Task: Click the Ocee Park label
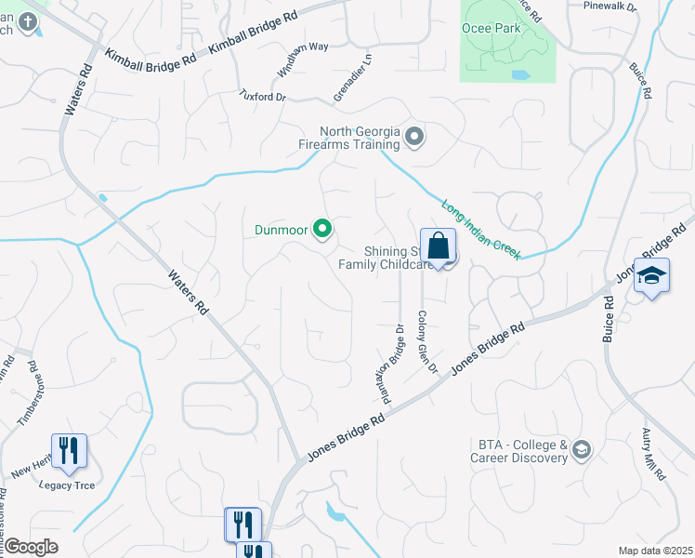(492, 28)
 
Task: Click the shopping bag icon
(438, 248)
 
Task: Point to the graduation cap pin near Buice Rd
(652, 276)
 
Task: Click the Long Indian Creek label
(480, 230)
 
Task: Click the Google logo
(30, 547)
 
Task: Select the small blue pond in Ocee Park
(520, 74)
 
